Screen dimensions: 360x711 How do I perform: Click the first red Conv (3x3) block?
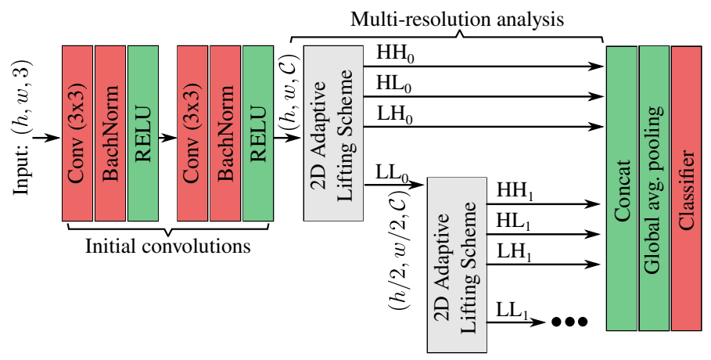coord(77,133)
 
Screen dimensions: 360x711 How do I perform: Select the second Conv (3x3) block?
coord(192,133)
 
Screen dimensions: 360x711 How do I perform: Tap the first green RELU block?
coord(142,133)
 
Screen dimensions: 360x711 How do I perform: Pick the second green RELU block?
coord(257,133)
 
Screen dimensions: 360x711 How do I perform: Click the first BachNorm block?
coord(109,133)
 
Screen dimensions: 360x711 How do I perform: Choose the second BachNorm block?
coord(224,133)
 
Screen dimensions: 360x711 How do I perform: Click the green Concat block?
coord(621,188)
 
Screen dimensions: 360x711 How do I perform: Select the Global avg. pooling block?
coord(653,188)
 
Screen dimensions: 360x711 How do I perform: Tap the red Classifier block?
coord(686,188)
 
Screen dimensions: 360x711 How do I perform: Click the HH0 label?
coord(395,54)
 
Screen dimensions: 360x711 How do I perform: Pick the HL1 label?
coord(514,223)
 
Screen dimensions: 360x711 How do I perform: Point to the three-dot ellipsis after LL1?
coord(569,321)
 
